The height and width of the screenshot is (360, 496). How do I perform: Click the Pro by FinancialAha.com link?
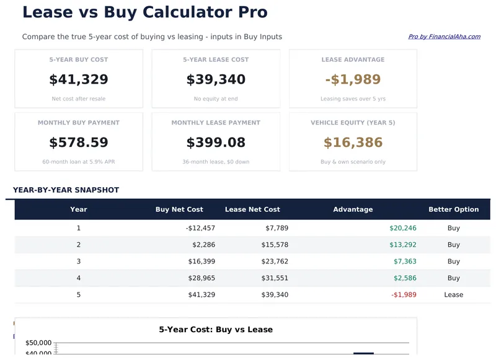click(444, 37)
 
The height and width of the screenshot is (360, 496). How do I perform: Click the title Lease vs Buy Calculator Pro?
click(145, 12)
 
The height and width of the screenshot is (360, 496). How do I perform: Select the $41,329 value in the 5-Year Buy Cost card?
click(79, 79)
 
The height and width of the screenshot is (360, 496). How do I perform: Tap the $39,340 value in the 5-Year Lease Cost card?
click(216, 79)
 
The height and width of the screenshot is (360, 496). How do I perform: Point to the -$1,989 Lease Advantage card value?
click(353, 79)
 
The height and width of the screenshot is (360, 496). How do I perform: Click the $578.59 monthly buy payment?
click(79, 143)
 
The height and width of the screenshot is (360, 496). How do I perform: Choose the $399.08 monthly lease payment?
click(216, 143)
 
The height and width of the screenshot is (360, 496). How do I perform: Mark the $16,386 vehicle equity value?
click(353, 143)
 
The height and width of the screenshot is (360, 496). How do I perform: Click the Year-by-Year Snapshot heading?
click(66, 190)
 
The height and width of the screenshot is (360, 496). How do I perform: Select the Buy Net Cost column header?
click(179, 209)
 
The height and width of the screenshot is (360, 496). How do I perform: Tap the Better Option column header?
click(453, 209)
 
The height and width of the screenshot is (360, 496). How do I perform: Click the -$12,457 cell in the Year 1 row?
click(200, 228)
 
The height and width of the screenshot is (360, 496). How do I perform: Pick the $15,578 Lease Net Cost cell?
click(275, 245)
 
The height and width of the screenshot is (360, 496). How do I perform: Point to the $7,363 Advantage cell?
click(405, 261)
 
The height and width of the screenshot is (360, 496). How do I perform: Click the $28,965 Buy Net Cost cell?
click(201, 278)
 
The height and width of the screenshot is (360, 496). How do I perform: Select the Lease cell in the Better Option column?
click(453, 295)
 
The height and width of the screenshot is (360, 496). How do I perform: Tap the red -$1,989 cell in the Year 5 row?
click(404, 295)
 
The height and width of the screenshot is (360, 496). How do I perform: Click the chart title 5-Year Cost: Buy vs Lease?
click(216, 330)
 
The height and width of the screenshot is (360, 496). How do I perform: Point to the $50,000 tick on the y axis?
click(38, 343)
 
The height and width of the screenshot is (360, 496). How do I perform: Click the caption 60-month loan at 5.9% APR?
click(79, 162)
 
